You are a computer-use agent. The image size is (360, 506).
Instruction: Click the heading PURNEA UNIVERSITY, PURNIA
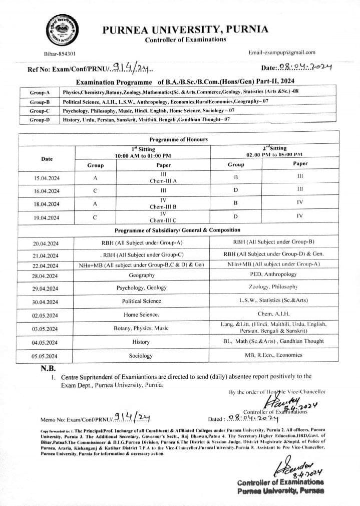point(185,29)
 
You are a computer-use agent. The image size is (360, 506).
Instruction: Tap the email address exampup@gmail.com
point(282,52)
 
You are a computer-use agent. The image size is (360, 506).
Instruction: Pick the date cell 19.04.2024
point(47,217)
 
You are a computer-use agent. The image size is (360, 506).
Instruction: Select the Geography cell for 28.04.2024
point(141,275)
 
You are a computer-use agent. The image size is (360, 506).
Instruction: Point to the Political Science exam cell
point(141,301)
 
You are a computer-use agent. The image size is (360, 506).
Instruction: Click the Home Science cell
point(141,314)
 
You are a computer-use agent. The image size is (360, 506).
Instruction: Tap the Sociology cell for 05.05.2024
point(141,356)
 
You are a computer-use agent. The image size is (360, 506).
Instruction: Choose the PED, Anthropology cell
point(273,275)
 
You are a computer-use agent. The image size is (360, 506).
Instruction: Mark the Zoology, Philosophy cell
point(273,287)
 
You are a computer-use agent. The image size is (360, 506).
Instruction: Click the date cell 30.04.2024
point(46,302)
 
